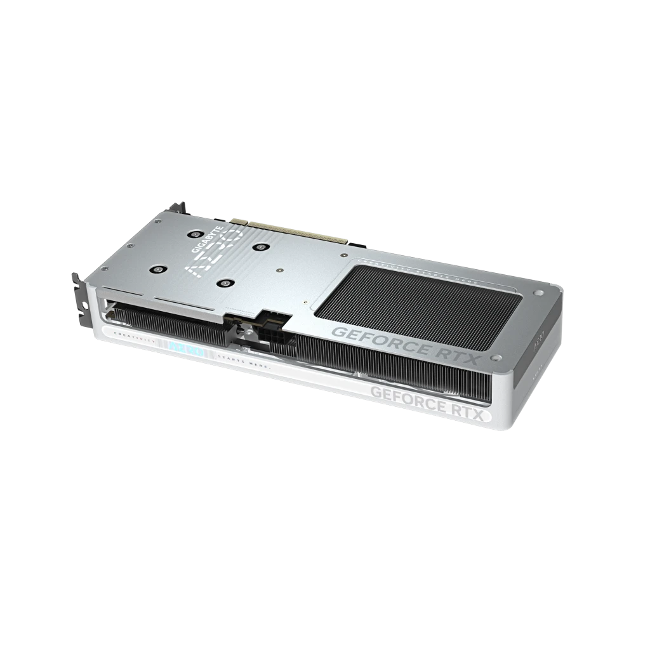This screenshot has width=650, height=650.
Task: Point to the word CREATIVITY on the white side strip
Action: click(133, 340)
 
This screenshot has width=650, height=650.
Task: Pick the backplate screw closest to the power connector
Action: click(223, 284)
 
